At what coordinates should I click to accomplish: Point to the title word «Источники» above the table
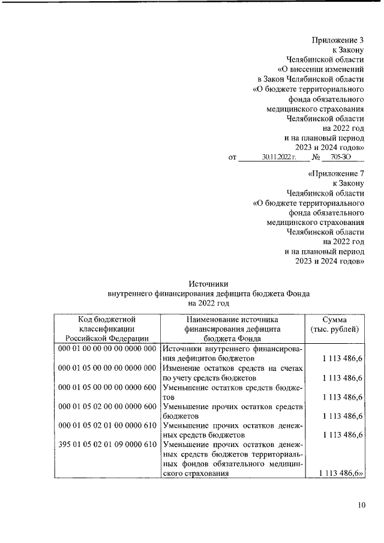pos(209,283)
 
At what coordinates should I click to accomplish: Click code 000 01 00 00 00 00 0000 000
pos(107,349)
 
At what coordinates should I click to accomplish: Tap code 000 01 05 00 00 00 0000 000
pos(107,368)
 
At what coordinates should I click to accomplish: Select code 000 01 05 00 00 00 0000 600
pos(107,387)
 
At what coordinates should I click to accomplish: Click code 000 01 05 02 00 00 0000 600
pos(107,406)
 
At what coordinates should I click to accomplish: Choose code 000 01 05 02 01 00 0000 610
pos(107,425)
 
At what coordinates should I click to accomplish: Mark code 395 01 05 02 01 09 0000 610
pos(107,445)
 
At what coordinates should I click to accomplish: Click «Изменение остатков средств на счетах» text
pos(232,368)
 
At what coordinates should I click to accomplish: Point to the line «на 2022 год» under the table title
pos(208,304)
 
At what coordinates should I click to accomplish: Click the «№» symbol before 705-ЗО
pos(316,157)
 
